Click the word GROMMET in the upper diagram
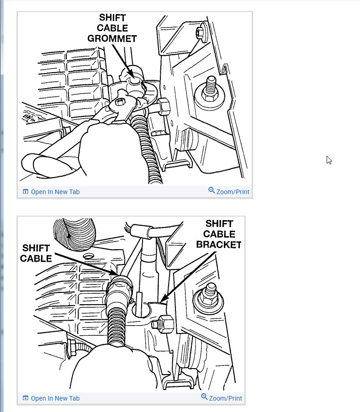click(112, 39)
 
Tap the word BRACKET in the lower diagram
click(218, 244)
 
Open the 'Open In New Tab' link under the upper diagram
click(55, 192)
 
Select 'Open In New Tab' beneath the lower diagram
click(55, 398)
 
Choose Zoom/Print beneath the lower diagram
click(226, 398)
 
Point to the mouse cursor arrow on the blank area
click(329, 159)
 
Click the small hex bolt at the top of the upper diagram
click(200, 33)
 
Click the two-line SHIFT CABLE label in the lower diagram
click(37, 254)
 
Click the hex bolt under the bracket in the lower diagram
click(164, 325)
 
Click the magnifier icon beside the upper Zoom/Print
click(212, 190)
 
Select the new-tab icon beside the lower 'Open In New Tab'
click(26, 398)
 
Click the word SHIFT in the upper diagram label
click(112, 18)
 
